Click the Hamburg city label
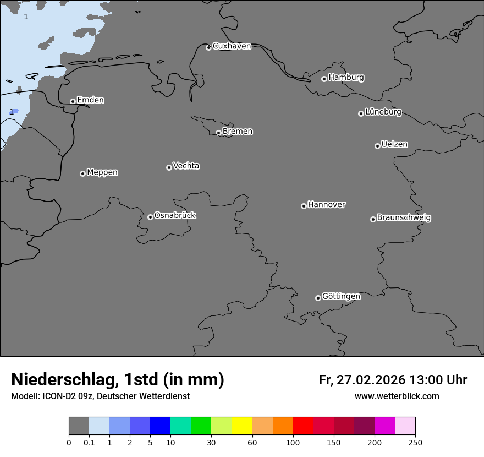[x=346, y=78]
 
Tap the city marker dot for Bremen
[x=218, y=133]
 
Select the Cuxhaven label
[x=232, y=46]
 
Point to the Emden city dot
[x=73, y=101]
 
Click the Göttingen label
[x=341, y=296]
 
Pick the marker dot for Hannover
[x=304, y=206]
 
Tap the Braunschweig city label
[x=404, y=217]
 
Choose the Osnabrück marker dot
[x=150, y=217]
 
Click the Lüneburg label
[x=383, y=112]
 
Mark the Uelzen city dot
[x=377, y=146]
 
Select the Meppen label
[x=102, y=172]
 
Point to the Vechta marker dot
[x=169, y=167]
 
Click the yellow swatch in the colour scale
[x=242, y=426]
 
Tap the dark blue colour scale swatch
[x=160, y=426]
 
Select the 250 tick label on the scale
[x=415, y=442]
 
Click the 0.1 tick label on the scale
[x=89, y=442]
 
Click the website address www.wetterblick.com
[x=397, y=396]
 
